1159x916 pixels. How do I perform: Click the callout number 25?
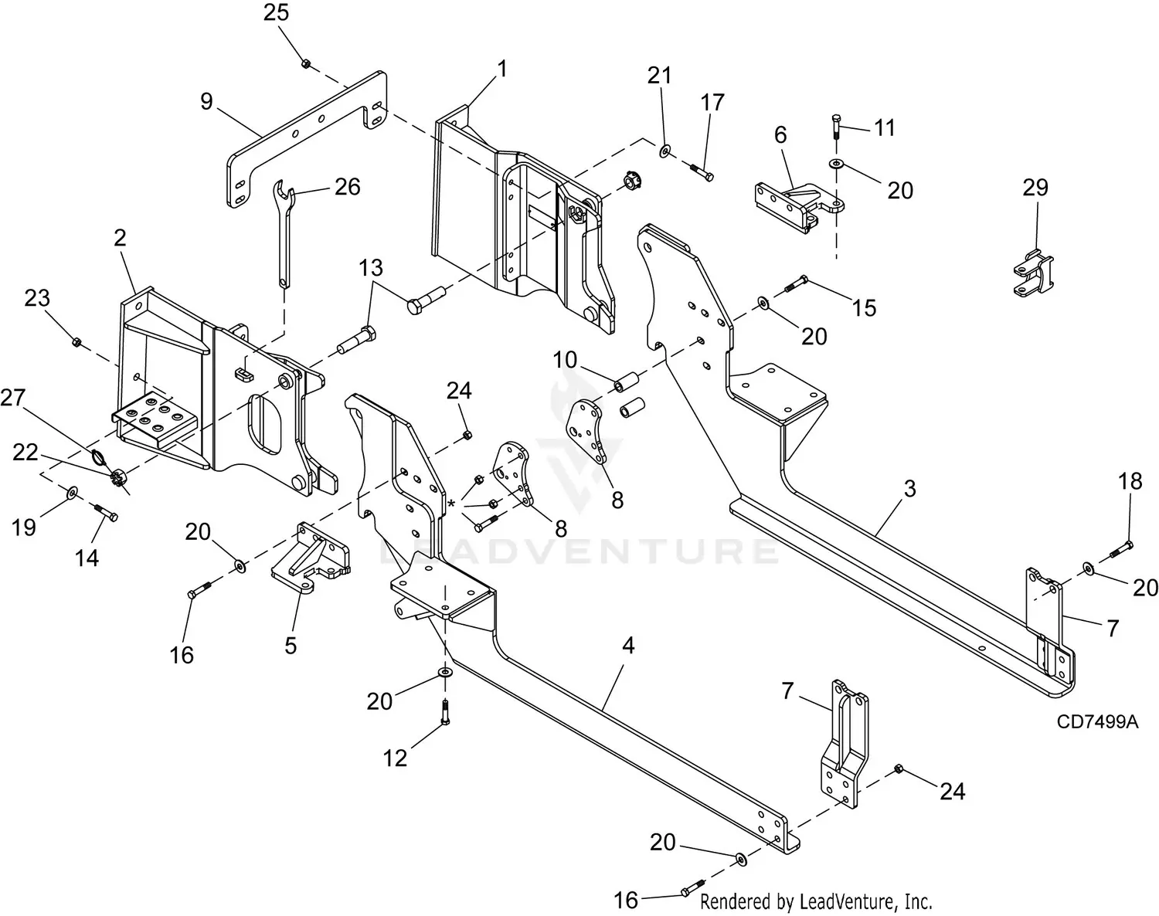coord(276,12)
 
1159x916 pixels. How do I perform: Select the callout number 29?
coord(1035,188)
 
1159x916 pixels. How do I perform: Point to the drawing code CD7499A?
coord(1098,721)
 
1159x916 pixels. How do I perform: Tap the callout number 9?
coord(206,101)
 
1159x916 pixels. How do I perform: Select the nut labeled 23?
coord(76,341)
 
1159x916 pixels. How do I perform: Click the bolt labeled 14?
coord(105,512)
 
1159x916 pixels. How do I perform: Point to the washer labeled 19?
coord(72,491)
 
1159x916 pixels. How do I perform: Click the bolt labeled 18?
coord(1122,549)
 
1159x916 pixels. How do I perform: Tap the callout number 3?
coord(910,489)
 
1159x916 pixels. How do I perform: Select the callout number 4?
coord(629,645)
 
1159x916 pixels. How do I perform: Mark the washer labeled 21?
coord(665,148)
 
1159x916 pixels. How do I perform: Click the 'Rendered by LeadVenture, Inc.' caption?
coord(816,901)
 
